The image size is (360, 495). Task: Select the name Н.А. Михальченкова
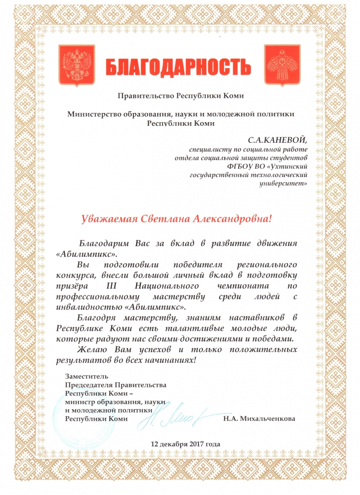coord(259,419)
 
